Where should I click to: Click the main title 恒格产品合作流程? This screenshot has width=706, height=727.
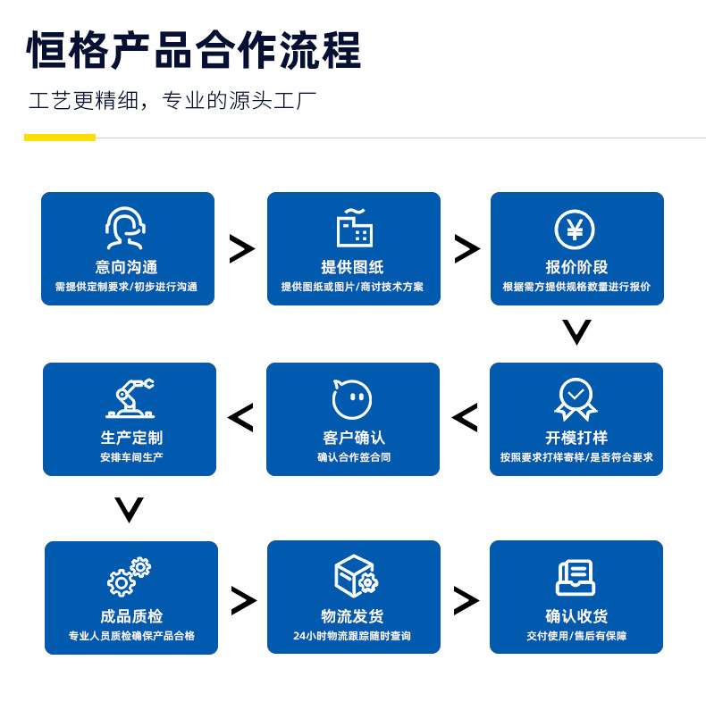click(x=194, y=51)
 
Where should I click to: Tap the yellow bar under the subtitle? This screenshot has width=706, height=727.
click(x=60, y=138)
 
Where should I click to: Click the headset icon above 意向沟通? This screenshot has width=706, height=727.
click(x=126, y=229)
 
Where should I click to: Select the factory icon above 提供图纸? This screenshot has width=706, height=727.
click(x=354, y=229)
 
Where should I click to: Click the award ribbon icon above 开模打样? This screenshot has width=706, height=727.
click(x=576, y=398)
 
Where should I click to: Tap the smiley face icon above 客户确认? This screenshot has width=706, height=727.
click(x=352, y=398)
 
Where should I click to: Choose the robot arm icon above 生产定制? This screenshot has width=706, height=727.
click(x=130, y=398)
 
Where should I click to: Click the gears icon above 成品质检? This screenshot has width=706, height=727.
click(x=130, y=576)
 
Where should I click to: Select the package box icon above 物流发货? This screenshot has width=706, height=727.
click(x=355, y=576)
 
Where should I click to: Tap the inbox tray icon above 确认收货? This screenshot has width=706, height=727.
click(x=576, y=577)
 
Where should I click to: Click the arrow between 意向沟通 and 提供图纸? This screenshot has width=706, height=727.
click(x=241, y=248)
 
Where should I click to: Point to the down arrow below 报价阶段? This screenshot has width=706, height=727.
click(x=576, y=332)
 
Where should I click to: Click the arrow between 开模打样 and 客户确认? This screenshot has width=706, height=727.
click(x=465, y=417)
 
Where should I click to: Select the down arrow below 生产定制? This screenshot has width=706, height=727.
click(x=130, y=510)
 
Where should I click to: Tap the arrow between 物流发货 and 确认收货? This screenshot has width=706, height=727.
click(x=466, y=599)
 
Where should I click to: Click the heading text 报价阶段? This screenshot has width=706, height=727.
click(x=576, y=267)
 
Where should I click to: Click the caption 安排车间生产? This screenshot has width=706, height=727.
click(x=131, y=457)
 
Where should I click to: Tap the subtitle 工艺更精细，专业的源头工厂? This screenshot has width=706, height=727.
click(x=172, y=101)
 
